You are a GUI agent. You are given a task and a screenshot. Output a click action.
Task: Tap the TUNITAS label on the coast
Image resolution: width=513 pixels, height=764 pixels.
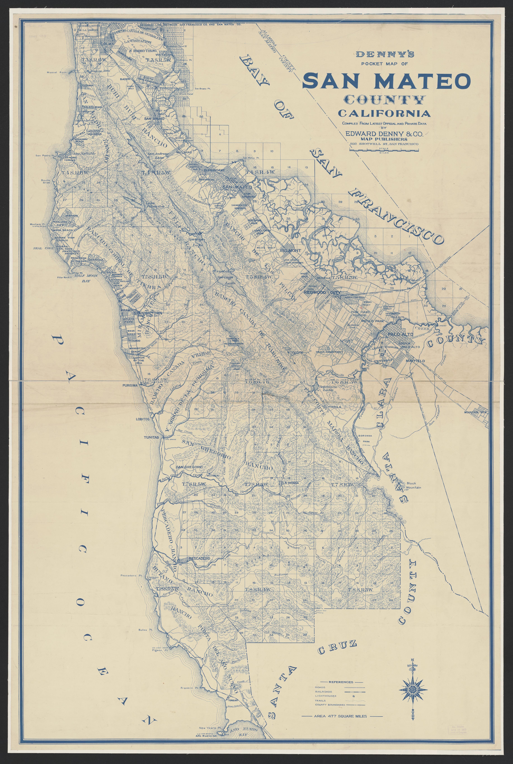pos(152,437)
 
